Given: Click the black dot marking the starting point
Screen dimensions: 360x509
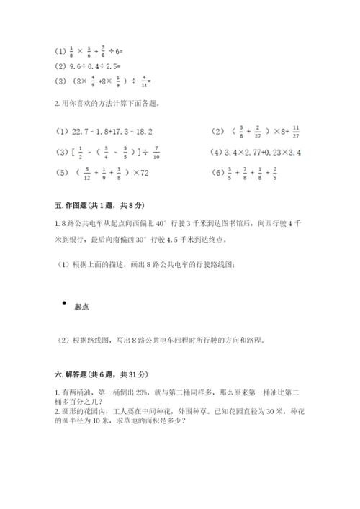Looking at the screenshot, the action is [x=64, y=303].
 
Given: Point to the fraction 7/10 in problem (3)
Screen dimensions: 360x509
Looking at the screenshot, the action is [x=136, y=153].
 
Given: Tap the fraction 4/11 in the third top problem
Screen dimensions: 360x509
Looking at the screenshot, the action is [x=147, y=81].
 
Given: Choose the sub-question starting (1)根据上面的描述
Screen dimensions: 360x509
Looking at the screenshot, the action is [x=144, y=264].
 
